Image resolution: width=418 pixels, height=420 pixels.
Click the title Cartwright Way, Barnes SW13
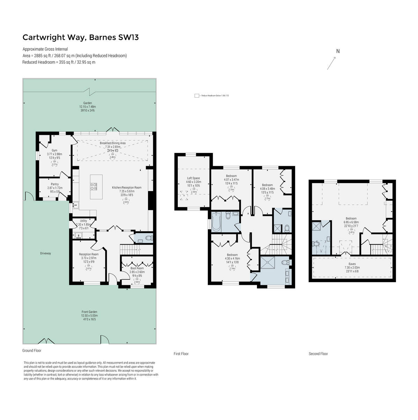click(x=80, y=37)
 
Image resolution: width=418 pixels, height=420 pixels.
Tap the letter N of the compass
click(x=338, y=51)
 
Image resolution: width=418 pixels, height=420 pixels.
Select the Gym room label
click(x=54, y=150)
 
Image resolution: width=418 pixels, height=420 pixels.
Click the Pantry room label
click(x=54, y=184)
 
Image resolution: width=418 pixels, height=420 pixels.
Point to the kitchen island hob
click(x=94, y=186)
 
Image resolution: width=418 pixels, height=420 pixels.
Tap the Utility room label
click(x=83, y=221)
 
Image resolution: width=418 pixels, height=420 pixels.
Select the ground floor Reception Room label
click(x=89, y=254)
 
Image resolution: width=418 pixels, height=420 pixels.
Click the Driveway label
click(x=45, y=253)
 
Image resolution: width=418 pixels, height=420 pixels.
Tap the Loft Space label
click(x=193, y=178)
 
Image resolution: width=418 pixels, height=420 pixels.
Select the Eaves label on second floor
click(x=352, y=264)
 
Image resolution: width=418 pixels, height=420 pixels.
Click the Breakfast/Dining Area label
click(x=112, y=143)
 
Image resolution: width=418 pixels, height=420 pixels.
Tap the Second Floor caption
click(x=318, y=354)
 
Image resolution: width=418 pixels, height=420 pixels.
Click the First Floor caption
click(x=181, y=354)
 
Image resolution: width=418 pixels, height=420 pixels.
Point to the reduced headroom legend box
click(x=197, y=96)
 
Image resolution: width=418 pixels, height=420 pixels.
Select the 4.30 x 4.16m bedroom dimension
click(x=232, y=258)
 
